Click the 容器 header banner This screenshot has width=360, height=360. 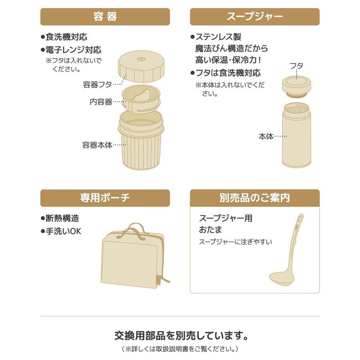(x=105, y=17)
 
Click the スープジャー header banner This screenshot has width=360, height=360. (x=255, y=17)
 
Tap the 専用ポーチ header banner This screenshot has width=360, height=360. (x=105, y=198)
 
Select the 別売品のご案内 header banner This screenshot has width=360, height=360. (x=255, y=198)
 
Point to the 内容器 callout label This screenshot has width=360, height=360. (x=101, y=102)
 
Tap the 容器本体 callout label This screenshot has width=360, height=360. (x=97, y=145)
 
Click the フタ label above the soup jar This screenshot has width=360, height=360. (x=296, y=66)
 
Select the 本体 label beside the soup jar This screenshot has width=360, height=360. (x=266, y=135)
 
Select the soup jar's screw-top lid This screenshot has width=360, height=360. (x=297, y=86)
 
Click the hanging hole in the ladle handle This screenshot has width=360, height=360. (x=299, y=220)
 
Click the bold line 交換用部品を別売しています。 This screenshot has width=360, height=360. (x=180, y=336)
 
